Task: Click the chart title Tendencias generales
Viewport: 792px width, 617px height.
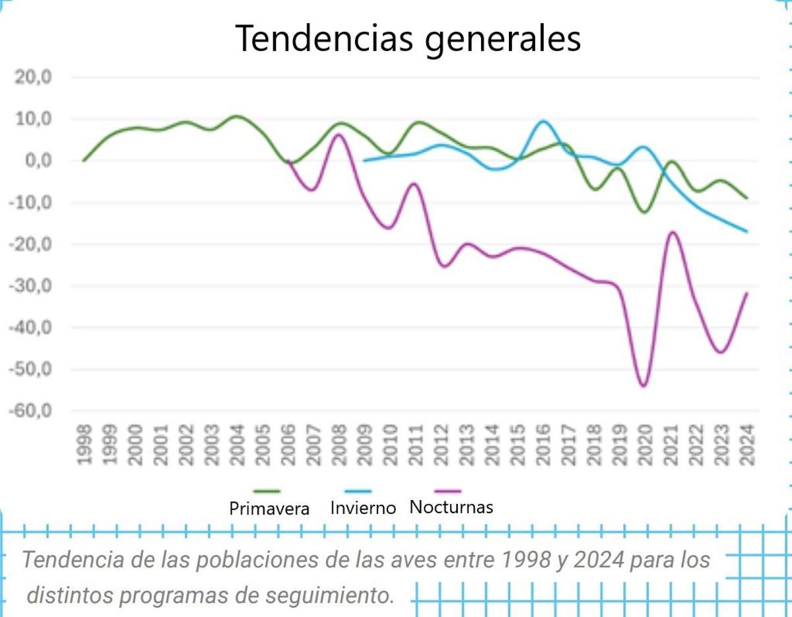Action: [408, 38]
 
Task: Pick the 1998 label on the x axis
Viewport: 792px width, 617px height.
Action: [84, 446]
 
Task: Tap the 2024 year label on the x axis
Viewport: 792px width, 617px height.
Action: [747, 446]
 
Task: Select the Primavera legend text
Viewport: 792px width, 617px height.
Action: [269, 509]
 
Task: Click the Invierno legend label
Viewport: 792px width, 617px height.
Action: [363, 508]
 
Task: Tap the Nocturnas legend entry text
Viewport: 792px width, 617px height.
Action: [451, 507]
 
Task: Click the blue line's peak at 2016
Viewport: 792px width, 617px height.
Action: [543, 121]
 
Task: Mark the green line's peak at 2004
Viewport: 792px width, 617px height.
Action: [236, 116]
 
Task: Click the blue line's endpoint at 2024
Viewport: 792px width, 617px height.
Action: [746, 231]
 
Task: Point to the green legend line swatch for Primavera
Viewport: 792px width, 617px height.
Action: [267, 491]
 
